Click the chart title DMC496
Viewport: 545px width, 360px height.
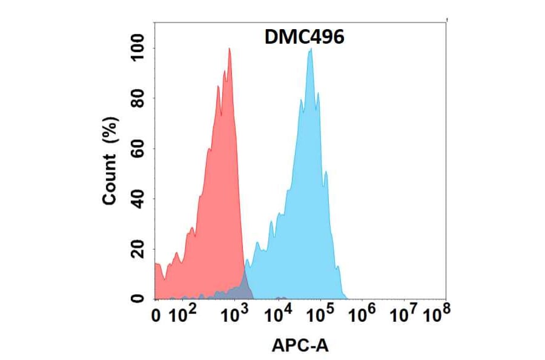305,37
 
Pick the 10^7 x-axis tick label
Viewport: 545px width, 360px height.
404,314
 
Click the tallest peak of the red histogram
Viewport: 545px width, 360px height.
230,50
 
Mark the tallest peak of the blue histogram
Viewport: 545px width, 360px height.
311,51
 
